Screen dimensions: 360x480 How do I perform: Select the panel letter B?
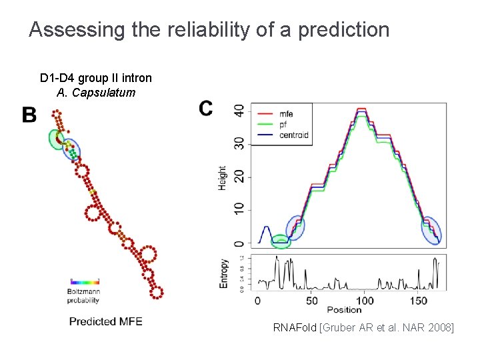click(x=29, y=115)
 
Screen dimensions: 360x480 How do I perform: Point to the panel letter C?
click(x=206, y=108)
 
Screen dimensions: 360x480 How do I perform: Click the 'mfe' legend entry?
click(x=287, y=115)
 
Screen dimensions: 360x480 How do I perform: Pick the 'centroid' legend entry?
click(x=294, y=135)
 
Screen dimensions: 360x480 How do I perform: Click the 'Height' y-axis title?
click(x=222, y=178)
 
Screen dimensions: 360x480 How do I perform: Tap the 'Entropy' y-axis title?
click(x=223, y=273)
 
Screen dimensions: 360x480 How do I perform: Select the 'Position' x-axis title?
click(x=344, y=310)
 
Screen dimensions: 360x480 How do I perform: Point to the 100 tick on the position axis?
click(x=365, y=301)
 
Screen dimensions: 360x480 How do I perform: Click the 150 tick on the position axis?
click(x=418, y=301)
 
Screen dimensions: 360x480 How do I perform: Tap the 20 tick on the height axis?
click(x=238, y=177)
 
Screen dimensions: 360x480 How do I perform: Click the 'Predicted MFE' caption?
click(x=105, y=321)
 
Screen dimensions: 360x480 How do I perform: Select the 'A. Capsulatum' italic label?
click(x=96, y=93)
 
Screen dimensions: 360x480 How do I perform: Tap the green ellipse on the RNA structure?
click(x=56, y=139)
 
